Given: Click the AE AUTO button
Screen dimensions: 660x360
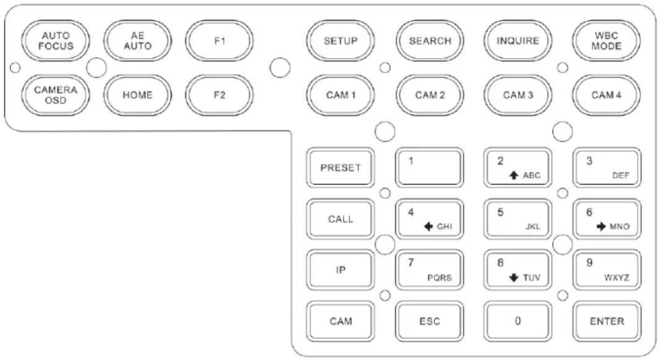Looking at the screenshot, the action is tap(137, 41).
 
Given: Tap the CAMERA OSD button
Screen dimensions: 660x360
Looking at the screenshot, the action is tap(56, 95).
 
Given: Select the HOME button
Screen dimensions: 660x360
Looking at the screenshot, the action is tap(137, 95).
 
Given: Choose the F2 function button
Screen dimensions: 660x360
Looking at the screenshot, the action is tap(219, 95).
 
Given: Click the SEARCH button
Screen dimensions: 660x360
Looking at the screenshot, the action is tap(429, 41).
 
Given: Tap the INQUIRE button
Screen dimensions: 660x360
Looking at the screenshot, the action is tap(517, 41).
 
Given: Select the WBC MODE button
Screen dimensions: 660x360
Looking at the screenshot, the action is tap(606, 41).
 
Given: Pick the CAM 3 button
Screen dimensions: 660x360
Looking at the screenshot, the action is tap(517, 95).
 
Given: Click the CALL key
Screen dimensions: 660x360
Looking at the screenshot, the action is tap(340, 219).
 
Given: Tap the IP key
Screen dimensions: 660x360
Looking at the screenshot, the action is tap(340, 270).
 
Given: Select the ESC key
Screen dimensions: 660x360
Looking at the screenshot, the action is tap(429, 321).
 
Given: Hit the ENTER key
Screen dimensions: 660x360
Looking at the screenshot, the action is tap(607, 321).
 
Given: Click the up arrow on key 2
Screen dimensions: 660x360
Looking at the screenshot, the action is tap(514, 175).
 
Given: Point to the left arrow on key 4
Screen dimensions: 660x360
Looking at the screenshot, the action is tap(428, 227).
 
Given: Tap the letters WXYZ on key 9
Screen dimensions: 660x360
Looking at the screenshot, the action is tap(617, 278).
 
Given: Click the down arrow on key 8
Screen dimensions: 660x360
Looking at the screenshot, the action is tap(514, 278).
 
